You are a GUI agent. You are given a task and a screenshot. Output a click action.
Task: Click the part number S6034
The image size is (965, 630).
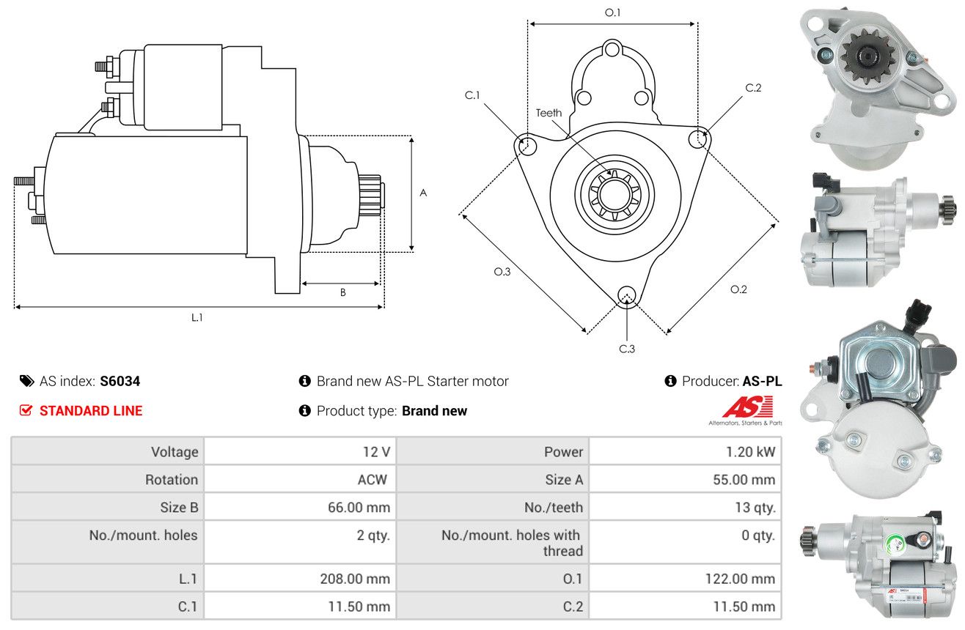tap(120, 381)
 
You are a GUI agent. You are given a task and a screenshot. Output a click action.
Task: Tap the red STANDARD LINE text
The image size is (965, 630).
tap(91, 411)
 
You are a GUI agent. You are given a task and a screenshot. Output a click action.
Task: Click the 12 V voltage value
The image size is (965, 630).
tap(376, 452)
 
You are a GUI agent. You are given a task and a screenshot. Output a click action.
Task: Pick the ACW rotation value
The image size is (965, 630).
tap(373, 479)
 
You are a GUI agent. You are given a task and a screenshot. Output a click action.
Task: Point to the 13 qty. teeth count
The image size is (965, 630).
tap(755, 508)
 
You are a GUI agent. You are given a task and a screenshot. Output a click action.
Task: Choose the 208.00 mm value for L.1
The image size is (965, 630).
tap(355, 579)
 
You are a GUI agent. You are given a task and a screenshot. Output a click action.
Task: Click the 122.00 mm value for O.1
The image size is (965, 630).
tap(740, 579)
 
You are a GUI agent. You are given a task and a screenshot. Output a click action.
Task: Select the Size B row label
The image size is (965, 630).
tap(179, 508)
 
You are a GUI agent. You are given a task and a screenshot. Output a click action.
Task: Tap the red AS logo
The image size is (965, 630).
tap(747, 407)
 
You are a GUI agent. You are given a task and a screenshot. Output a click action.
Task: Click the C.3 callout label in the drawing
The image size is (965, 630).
tap(627, 349)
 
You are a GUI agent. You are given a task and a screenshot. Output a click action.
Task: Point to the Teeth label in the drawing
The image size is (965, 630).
tap(548, 113)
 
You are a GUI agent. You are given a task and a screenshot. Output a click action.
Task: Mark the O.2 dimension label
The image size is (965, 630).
tap(738, 289)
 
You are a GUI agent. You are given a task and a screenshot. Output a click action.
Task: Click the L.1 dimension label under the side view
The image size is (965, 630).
tap(197, 318)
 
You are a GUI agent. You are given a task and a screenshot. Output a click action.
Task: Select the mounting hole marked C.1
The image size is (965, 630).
tap(526, 145)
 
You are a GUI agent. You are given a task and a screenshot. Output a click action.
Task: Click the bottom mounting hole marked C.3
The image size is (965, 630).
tap(627, 296)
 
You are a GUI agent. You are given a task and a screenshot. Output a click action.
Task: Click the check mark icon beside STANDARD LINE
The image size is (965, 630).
tap(26, 410)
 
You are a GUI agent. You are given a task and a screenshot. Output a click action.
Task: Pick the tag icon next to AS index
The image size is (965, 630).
tap(26, 381)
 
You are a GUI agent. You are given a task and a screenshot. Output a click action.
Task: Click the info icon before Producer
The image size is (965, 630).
tap(670, 381)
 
